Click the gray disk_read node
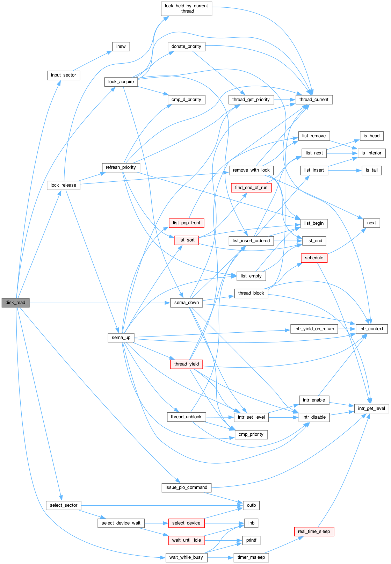[15, 303]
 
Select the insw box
[121, 46]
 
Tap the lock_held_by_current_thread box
[186, 9]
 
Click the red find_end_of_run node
[251, 188]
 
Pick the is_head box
[372, 136]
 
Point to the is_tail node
[372, 170]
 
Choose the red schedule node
[314, 258]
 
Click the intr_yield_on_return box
[314, 329]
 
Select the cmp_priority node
[251, 434]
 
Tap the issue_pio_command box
[186, 487]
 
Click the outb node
[251, 505]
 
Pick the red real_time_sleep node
[314, 532]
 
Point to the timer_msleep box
[251, 557]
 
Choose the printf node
[251, 540]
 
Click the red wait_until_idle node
[186, 540]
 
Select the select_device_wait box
[121, 523]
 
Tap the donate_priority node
[186, 46]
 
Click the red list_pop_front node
[186, 223]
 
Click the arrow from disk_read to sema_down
[100, 303]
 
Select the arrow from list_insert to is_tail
[345, 171]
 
